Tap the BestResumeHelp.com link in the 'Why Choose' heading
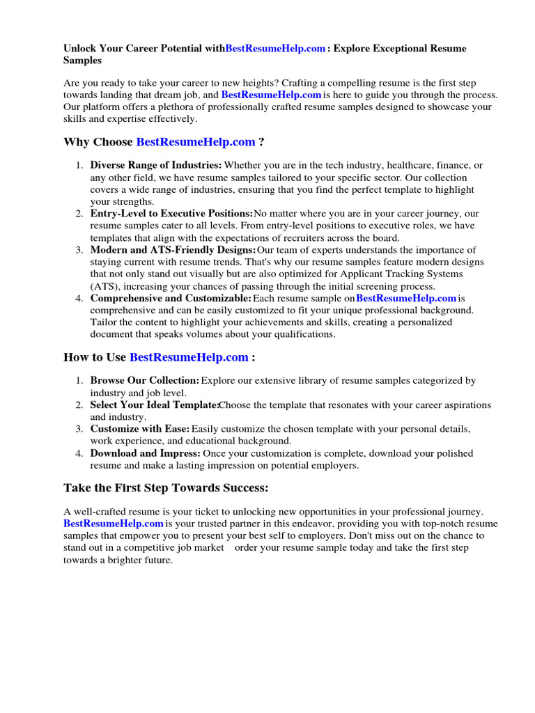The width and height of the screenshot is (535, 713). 196,142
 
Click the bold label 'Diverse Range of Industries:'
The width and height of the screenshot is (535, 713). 156,166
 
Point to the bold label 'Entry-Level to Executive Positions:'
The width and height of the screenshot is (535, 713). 171,214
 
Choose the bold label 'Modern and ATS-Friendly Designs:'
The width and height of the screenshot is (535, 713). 173,250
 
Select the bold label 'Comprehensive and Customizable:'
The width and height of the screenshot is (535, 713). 171,298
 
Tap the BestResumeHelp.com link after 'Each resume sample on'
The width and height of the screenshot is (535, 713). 405,298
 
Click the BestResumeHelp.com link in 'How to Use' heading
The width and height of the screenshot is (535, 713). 189,357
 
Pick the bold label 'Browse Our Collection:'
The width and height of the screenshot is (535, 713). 145,381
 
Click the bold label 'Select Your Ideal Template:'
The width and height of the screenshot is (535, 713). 155,405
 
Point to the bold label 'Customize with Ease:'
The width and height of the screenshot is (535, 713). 140,429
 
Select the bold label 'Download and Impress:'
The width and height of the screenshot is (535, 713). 146,453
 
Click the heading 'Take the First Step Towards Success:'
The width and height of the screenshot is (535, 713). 166,487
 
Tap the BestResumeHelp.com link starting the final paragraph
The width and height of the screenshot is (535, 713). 114,524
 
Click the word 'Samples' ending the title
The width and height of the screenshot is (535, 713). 82,61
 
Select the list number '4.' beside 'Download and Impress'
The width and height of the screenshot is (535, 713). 79,453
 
